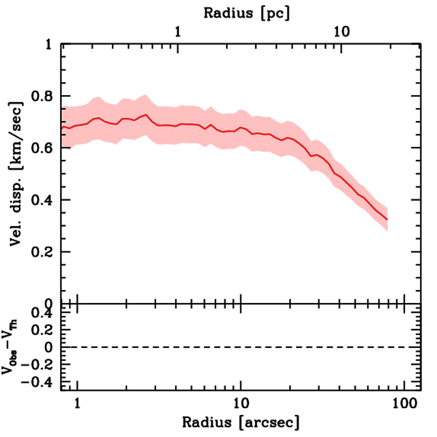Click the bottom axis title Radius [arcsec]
[x=241, y=422]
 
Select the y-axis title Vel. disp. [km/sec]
[x=16, y=174]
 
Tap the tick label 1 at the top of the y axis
[x=50, y=44]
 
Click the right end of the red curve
[x=387, y=219]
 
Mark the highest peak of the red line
[x=146, y=114]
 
